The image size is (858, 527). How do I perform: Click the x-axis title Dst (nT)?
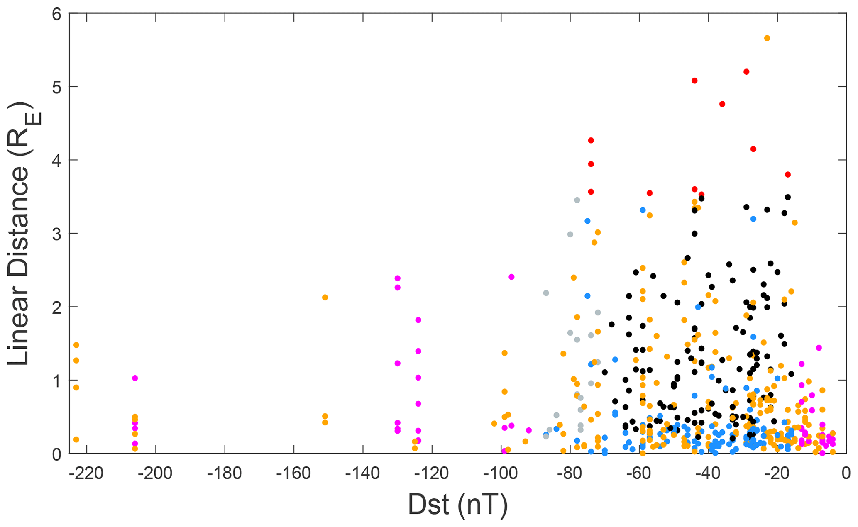click(458, 505)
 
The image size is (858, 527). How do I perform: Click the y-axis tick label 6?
click(57, 14)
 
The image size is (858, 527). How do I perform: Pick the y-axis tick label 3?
click(57, 234)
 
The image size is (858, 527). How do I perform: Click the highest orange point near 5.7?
click(767, 38)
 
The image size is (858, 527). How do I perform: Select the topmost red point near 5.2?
click(746, 72)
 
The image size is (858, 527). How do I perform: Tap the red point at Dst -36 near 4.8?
click(722, 104)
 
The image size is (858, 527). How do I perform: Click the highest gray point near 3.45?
click(577, 200)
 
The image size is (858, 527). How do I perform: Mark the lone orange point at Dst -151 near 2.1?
click(325, 298)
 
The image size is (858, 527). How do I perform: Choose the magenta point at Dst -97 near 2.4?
click(511, 277)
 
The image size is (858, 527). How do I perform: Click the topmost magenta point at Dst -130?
click(398, 278)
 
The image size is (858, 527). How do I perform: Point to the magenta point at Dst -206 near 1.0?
click(135, 378)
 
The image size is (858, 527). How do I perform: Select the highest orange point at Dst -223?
click(76, 345)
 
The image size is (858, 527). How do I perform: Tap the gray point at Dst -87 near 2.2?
click(546, 293)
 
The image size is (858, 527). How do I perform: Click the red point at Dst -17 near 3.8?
click(788, 175)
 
